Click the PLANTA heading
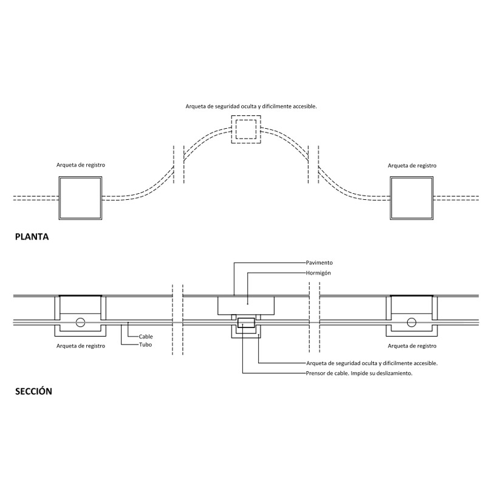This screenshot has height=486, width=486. [x=32, y=238]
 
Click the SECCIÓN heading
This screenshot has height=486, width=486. [x=33, y=391]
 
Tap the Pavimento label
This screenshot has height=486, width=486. [x=320, y=262]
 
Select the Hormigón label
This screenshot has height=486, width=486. [x=319, y=273]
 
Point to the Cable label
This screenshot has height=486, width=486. [x=146, y=336]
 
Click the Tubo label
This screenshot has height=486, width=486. [x=145, y=345]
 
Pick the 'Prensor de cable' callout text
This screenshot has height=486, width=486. [x=360, y=373]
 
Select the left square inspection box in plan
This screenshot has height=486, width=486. [x=80, y=198]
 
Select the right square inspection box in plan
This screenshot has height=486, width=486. [x=412, y=198]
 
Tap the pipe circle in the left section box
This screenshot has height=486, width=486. [x=80, y=322]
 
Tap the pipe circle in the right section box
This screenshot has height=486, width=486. [x=411, y=322]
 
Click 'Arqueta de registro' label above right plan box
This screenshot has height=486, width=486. [x=412, y=165]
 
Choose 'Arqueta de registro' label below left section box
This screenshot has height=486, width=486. [x=80, y=346]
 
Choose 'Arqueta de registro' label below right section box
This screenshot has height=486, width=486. [x=412, y=346]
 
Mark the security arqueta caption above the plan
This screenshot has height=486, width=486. [x=251, y=106]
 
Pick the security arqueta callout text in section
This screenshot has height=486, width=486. [x=372, y=363]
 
